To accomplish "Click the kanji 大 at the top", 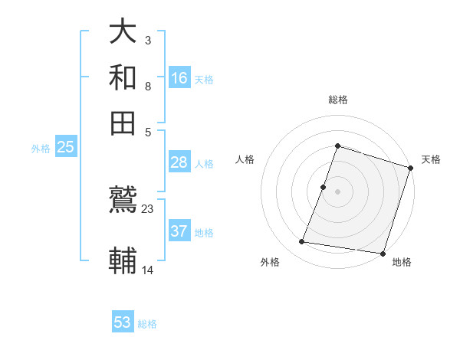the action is pos(123,32).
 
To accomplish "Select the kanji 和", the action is pos(123,77).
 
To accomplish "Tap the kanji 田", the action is pos(123,123).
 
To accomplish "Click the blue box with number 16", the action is pos(179,77).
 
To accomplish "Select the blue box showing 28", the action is pos(179,162).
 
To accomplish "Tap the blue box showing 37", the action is pos(179,231).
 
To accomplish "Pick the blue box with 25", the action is pos(65,147).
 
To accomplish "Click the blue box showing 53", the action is pos(123,322).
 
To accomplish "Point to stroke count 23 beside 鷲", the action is pos(148,208).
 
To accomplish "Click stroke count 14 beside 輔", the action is pos(148,270).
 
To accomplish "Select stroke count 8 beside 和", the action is pos(148,87).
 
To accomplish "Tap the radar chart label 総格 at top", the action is pos(338,100).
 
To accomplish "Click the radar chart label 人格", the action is pos(245,159).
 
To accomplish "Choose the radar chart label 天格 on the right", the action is pos(431,159).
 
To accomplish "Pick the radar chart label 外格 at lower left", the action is pos(270,262).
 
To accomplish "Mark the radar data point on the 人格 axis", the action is pos(324,187).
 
